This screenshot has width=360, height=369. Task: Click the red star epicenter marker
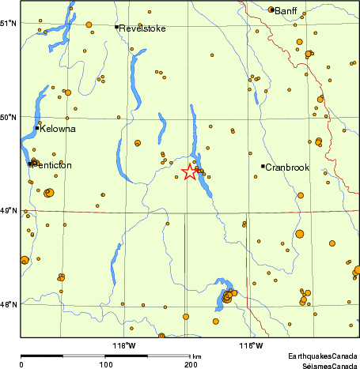[190, 171]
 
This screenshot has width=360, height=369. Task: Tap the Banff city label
[286, 10]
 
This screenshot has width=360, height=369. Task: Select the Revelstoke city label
[142, 28]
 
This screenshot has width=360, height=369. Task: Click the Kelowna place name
[59, 129]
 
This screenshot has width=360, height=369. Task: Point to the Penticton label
[52, 165]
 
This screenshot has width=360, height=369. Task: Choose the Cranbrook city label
[286, 168]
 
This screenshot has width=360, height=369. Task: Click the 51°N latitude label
[9, 22]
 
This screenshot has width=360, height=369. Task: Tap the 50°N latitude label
[9, 118]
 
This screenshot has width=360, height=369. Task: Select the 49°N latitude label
[9, 211]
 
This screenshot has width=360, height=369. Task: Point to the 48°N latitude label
[9, 304]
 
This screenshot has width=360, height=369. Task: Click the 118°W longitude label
[124, 345]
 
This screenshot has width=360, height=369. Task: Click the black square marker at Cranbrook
[263, 166]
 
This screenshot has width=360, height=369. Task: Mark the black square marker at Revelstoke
[116, 27]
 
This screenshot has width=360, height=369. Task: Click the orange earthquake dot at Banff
[271, 10]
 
